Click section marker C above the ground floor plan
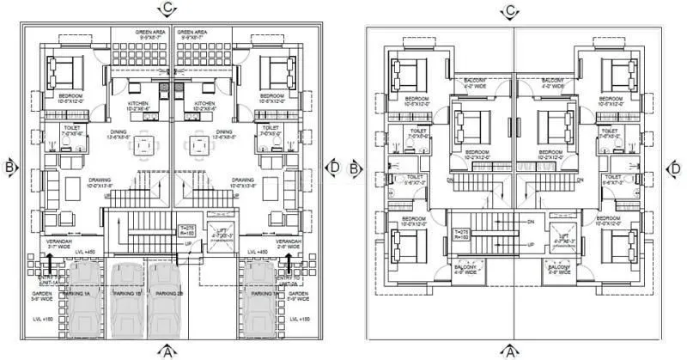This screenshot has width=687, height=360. [169, 9]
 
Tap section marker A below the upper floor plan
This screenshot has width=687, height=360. [511, 350]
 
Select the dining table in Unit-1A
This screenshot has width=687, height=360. [143, 144]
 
